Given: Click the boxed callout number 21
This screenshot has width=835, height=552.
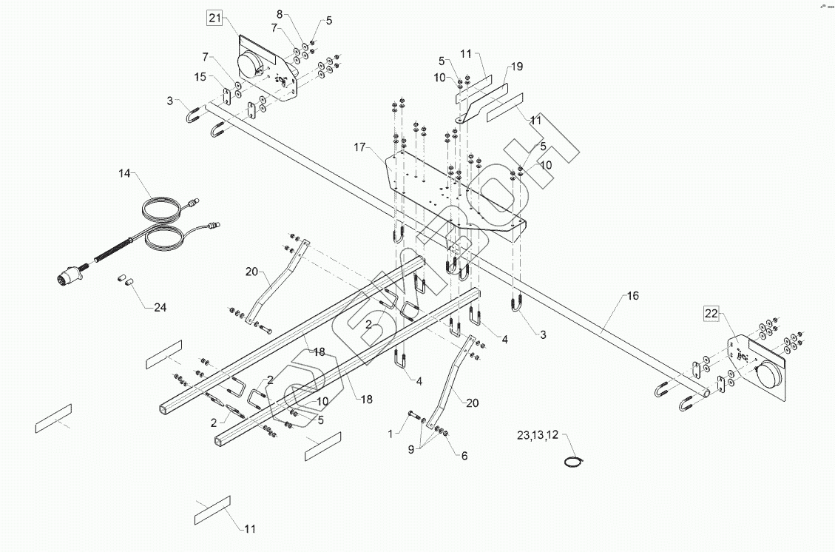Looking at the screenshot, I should [214, 19].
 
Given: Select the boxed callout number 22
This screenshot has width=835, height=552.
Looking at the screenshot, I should [711, 314].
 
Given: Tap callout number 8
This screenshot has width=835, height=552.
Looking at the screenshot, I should [280, 14].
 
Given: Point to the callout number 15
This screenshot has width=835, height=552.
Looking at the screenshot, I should [200, 77].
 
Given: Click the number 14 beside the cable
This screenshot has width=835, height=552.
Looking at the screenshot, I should [124, 173].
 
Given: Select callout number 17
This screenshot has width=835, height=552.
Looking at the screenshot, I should [360, 148].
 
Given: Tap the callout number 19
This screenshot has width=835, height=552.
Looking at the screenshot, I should [516, 67].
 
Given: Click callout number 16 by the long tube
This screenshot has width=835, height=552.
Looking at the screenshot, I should [632, 296].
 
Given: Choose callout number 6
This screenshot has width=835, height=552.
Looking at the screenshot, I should [464, 457].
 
